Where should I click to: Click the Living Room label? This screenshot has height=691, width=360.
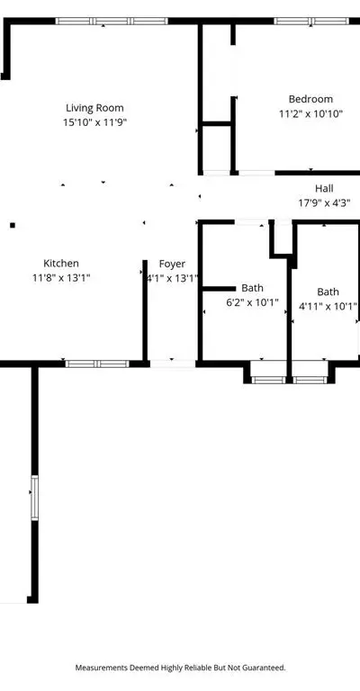click(x=94, y=108)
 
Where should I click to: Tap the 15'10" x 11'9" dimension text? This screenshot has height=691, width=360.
click(x=94, y=122)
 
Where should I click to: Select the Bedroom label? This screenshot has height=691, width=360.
click(x=310, y=99)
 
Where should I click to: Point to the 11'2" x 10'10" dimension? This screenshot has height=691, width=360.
click(x=310, y=113)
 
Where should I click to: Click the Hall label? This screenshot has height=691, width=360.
click(x=324, y=189)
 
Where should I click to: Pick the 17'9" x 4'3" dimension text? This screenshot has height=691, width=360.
click(x=324, y=202)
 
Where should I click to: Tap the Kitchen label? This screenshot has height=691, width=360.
click(x=61, y=264)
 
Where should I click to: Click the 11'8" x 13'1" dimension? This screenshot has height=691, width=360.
click(x=61, y=278)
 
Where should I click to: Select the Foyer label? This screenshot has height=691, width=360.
click(x=172, y=264)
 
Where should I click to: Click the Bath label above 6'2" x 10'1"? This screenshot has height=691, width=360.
click(x=252, y=288)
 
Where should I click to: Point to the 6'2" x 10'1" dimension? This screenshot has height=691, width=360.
click(x=252, y=302)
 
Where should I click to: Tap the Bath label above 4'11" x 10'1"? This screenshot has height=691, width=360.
click(x=328, y=292)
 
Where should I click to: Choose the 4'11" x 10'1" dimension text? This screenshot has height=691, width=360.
click(x=328, y=306)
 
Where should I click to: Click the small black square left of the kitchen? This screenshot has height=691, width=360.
click(x=13, y=226)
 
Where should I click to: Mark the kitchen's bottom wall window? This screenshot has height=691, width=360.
click(x=97, y=363)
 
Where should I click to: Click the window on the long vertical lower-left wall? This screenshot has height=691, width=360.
click(x=34, y=498)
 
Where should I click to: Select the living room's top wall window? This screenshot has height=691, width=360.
click(x=112, y=21)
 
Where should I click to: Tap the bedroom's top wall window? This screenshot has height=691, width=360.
click(x=311, y=21)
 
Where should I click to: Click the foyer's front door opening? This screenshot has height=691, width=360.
click(x=172, y=363)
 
